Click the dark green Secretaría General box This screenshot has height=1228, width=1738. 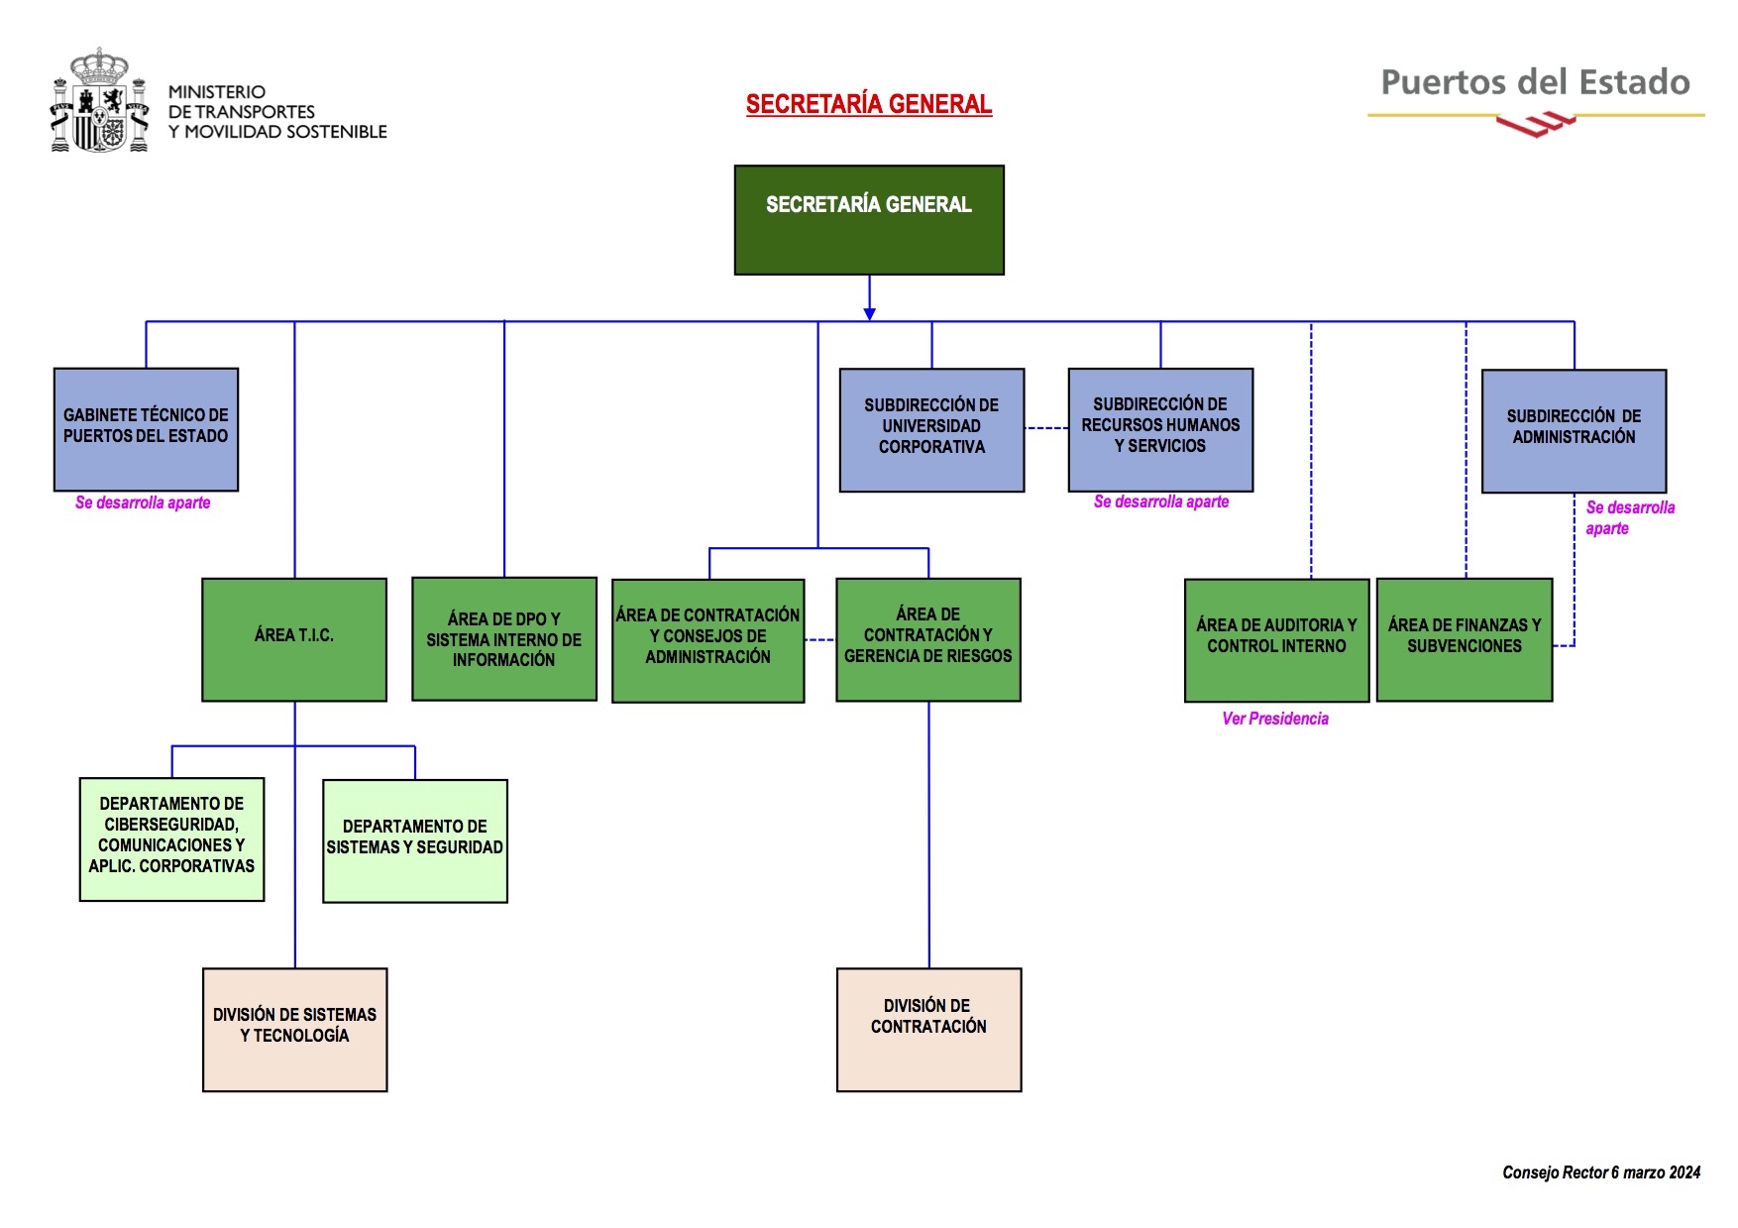coord(869,220)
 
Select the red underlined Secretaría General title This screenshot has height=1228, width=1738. coord(869,104)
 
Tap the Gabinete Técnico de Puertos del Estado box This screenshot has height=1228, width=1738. coord(146,429)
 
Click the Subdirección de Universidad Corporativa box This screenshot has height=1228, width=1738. coord(931,429)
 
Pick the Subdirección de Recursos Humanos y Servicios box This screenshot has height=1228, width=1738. coord(1160,429)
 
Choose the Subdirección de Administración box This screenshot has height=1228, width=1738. coord(1574,430)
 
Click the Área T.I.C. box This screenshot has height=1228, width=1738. coord(294,639)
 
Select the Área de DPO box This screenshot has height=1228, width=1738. coord(504,639)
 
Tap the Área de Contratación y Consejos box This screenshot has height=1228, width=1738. coord(707,640)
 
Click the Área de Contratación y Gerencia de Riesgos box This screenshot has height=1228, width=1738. coord(928,639)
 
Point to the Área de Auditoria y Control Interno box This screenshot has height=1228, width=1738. coord(1276,639)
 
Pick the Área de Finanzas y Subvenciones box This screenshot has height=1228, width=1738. coord(1465,639)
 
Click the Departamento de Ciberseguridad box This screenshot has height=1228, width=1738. coord(171,838)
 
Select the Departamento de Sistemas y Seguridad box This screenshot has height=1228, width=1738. coord(415,840)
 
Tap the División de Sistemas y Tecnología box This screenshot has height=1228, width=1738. coord(294,1029)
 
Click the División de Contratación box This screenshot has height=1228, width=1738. coord(928,1029)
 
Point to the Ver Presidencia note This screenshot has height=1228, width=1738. coord(1275,719)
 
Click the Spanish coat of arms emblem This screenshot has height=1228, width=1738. coord(99,101)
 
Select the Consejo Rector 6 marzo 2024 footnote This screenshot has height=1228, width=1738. coord(1601,1172)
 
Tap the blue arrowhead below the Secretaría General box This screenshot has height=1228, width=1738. coord(869,313)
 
